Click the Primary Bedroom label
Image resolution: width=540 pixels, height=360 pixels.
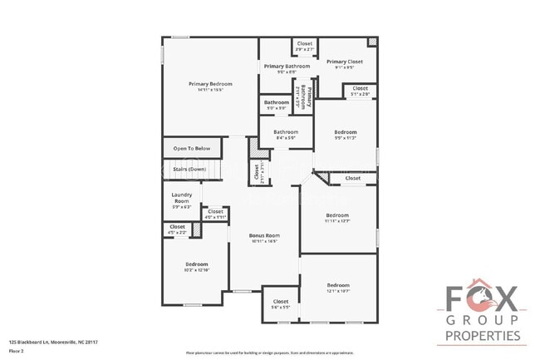209,84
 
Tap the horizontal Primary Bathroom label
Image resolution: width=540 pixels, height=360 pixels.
287,67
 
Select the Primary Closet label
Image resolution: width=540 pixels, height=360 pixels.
344,62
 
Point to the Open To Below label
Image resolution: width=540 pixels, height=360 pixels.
191,149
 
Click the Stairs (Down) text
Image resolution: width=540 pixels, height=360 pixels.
189,169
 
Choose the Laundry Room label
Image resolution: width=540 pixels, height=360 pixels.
181,198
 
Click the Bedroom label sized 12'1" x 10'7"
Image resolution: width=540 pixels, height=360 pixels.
337,284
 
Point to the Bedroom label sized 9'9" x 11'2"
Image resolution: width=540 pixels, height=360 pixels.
346,132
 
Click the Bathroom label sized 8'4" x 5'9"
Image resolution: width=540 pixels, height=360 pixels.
286,131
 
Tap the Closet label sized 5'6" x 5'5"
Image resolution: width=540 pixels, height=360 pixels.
280,301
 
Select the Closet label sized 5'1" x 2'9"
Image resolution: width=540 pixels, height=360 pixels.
360,88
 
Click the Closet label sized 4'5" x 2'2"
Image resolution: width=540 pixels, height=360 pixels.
177,227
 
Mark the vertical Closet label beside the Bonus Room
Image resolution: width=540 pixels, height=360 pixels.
255,174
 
